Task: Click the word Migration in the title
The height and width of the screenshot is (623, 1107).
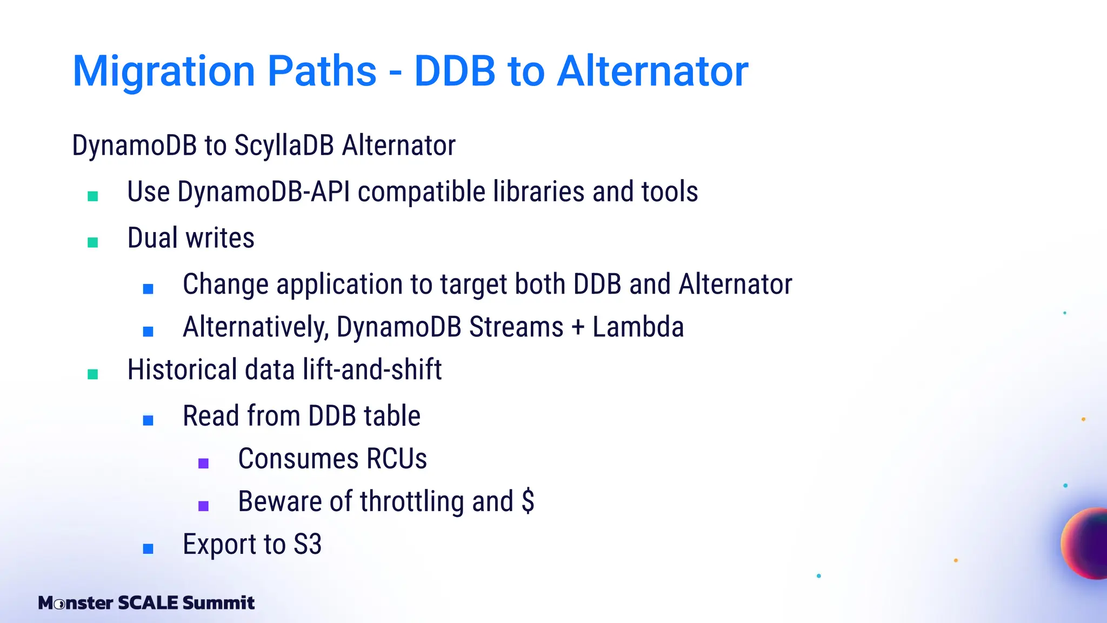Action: [164, 71]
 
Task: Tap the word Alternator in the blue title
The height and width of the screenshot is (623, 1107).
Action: [652, 71]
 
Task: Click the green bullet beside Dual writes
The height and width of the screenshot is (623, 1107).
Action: [93, 242]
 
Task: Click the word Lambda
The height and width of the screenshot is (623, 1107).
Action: [638, 327]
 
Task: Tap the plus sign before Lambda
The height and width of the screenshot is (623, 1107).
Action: [578, 327]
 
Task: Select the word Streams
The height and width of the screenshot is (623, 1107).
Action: [516, 327]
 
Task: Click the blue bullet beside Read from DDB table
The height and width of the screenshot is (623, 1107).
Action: [148, 420]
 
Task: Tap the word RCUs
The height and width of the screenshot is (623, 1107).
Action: [396, 459]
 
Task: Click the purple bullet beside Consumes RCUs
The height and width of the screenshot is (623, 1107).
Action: [204, 463]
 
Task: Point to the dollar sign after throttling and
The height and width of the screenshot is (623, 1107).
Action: [528, 501]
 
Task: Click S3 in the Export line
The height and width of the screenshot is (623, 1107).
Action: [308, 545]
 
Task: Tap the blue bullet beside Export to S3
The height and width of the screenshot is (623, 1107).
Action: [148, 549]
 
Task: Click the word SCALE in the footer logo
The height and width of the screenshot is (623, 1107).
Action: [148, 603]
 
